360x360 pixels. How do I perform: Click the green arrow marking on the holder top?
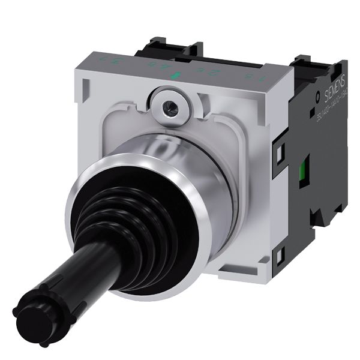[176, 76]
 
